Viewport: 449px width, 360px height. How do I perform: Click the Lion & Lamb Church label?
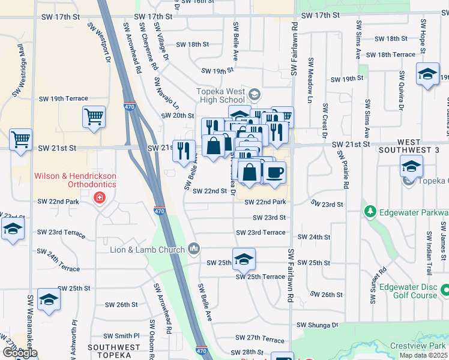coord(146,249)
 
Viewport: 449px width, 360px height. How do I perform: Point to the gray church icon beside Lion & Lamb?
coord(194,248)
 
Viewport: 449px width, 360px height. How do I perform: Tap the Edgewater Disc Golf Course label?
coord(415,291)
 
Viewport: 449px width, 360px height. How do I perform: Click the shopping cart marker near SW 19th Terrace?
coord(94,118)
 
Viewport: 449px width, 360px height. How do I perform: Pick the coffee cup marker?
coord(275,173)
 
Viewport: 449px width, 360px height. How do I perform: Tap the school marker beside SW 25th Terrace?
coord(244,259)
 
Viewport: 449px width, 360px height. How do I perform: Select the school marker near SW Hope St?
coord(427,74)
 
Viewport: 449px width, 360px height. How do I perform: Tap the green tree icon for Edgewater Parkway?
coord(370,212)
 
